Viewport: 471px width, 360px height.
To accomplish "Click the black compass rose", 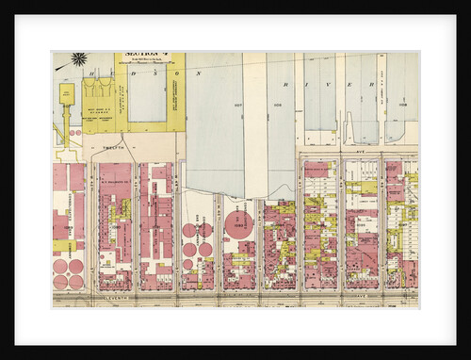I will pos(79,59).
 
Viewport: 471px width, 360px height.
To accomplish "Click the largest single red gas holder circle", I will pos(238,226).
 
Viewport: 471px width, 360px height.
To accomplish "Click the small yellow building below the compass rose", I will pos(67,92).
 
